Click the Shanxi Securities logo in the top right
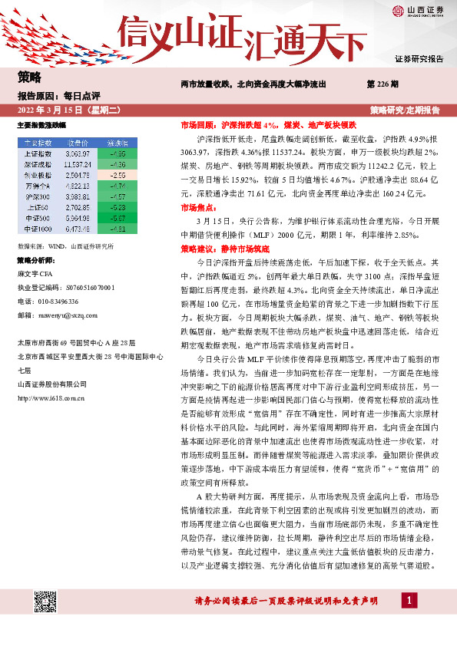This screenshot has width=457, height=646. (x=418, y=10)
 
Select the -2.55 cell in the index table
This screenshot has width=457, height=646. (x=117, y=174)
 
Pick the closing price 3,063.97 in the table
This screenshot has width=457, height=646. (x=78, y=153)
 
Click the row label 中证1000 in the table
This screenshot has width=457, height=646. (x=38, y=229)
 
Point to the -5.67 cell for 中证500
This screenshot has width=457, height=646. (x=117, y=218)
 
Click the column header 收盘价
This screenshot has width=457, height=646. (x=78, y=143)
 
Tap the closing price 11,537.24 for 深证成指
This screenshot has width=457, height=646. (x=78, y=164)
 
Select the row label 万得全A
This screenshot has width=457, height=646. (x=38, y=186)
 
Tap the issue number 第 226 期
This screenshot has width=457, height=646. (x=382, y=83)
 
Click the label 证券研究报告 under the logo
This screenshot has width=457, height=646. (x=419, y=59)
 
